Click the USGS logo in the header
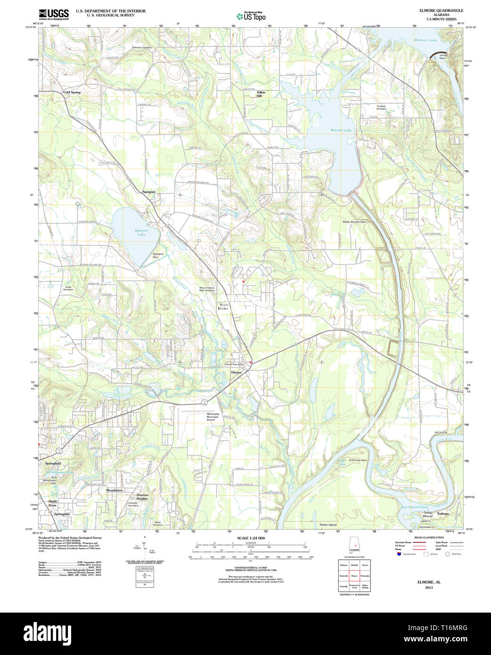[x=53, y=14]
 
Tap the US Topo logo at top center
[x=251, y=16]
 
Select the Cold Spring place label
[x=72, y=92]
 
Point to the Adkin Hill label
[x=261, y=94]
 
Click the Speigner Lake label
[x=141, y=232]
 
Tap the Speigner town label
[x=148, y=192]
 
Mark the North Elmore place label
[x=224, y=307]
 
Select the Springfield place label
[x=53, y=464]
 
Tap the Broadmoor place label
[x=115, y=491]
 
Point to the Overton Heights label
[x=142, y=497]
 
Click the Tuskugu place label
[x=442, y=513]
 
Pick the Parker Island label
[x=328, y=524]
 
